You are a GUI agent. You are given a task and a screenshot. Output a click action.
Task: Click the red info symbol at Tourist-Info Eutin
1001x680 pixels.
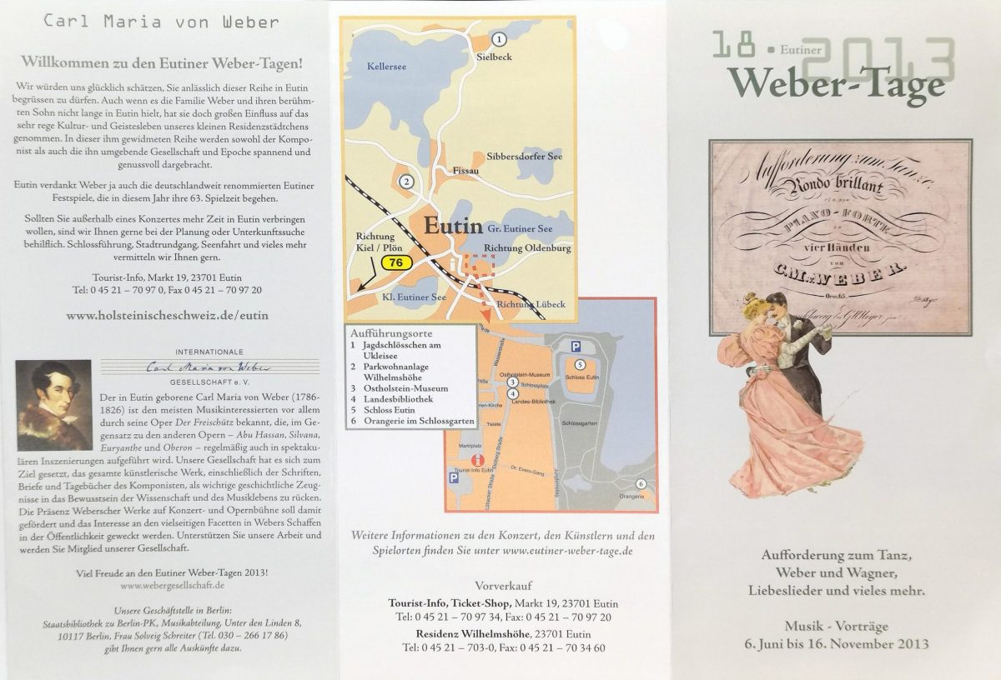pyautogui.click(x=476, y=459)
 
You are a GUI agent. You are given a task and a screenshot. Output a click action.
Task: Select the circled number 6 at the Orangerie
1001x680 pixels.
pyautogui.click(x=641, y=483)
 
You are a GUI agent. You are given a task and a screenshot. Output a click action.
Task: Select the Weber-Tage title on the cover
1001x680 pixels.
pyautogui.click(x=837, y=83)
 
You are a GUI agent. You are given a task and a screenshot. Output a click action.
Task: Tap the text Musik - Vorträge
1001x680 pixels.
pyautogui.click(x=837, y=626)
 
